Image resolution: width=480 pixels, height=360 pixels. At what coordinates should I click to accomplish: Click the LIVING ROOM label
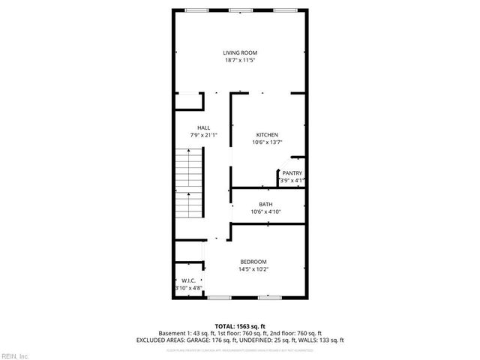[240, 52]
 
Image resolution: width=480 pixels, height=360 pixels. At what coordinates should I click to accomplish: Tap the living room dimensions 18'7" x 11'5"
[240, 60]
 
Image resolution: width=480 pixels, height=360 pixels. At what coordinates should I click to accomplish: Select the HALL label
[204, 127]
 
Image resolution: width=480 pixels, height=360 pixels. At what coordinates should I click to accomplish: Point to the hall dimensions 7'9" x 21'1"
[204, 135]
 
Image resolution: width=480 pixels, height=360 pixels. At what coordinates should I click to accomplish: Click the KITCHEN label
[267, 135]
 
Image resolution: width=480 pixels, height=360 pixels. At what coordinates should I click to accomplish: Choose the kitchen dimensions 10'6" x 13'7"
[267, 142]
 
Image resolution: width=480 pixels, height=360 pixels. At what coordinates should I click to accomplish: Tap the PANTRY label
[292, 173]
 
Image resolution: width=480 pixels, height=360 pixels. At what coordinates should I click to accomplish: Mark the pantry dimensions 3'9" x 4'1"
[292, 181]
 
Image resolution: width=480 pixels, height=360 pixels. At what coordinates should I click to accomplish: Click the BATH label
[266, 204]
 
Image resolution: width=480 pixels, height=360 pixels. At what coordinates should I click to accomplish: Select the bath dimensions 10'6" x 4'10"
[266, 211]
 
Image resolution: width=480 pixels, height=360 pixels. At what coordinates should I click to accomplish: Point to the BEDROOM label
[253, 261]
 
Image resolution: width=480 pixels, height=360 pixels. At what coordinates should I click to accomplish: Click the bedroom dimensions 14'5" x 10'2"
[253, 268]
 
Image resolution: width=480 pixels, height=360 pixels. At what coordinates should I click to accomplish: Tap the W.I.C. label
[188, 280]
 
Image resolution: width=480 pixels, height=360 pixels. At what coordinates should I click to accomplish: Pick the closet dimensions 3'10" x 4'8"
[188, 288]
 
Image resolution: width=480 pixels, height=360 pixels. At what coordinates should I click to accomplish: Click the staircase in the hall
[190, 184]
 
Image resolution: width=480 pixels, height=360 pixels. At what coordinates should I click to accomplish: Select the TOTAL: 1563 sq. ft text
[240, 326]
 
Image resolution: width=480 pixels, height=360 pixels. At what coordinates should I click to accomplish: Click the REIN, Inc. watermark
[15, 355]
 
